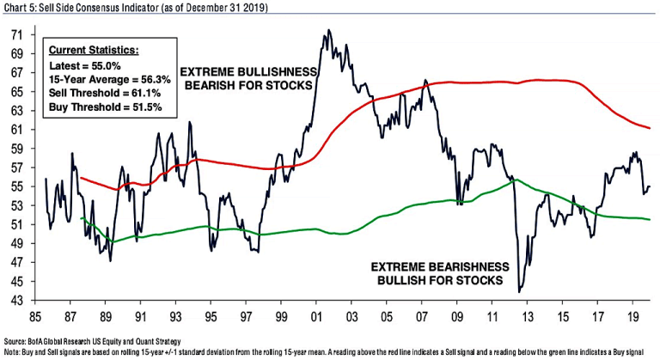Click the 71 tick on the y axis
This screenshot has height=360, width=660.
click(16, 35)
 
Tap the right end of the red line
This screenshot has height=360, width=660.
click(650, 128)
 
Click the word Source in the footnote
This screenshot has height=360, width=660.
click(16, 341)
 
